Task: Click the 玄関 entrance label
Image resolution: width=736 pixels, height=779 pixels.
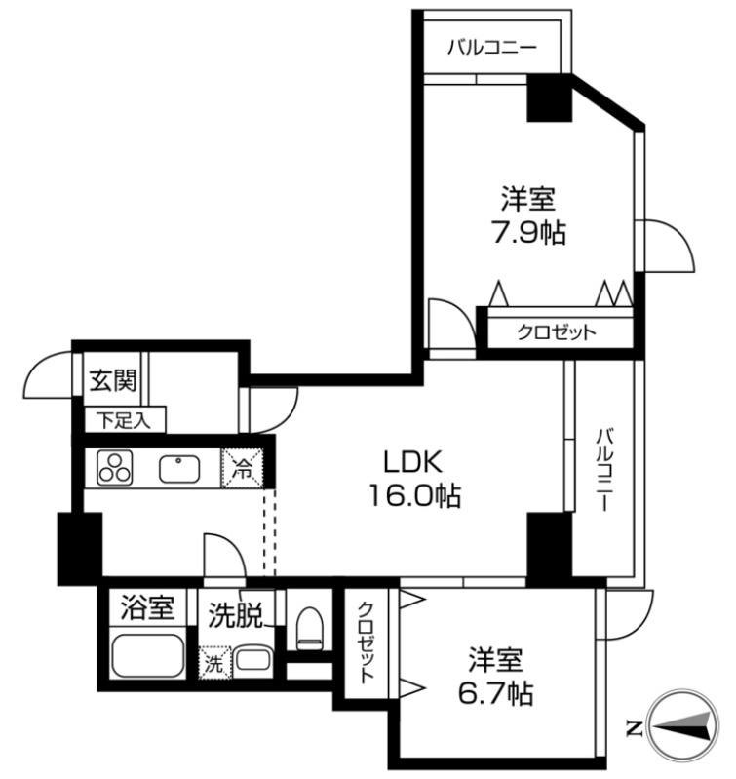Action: tap(112, 380)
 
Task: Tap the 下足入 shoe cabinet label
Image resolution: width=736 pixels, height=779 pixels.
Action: tap(124, 421)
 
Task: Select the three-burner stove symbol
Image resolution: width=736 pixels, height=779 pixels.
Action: tap(115, 468)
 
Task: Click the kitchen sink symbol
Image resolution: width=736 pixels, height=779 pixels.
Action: tap(179, 469)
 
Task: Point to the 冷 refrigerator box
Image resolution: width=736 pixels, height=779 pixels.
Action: tap(243, 468)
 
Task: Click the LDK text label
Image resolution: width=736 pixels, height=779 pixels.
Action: tap(413, 462)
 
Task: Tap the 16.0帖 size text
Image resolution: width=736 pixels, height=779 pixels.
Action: tap(414, 495)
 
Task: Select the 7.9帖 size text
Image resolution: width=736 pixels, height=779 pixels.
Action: tap(528, 232)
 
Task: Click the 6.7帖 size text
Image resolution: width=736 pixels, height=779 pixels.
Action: tap(495, 693)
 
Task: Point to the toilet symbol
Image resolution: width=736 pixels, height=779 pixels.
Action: tap(309, 628)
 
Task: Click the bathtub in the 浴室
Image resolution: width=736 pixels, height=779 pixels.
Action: tap(148, 655)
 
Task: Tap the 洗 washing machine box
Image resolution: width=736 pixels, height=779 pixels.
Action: tap(215, 663)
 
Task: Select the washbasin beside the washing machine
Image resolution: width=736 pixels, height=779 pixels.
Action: tap(252, 661)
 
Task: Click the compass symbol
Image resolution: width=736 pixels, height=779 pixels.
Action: tap(683, 726)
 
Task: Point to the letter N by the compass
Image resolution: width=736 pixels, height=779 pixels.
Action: tap(634, 728)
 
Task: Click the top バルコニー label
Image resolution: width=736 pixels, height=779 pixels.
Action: tap(492, 48)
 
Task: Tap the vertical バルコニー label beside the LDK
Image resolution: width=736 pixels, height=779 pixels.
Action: tap(603, 469)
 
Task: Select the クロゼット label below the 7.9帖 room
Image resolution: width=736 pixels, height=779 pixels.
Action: tap(557, 331)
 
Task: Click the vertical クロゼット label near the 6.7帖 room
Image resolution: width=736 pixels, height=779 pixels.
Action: tap(366, 643)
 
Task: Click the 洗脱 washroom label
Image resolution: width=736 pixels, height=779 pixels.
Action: tap(234, 615)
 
